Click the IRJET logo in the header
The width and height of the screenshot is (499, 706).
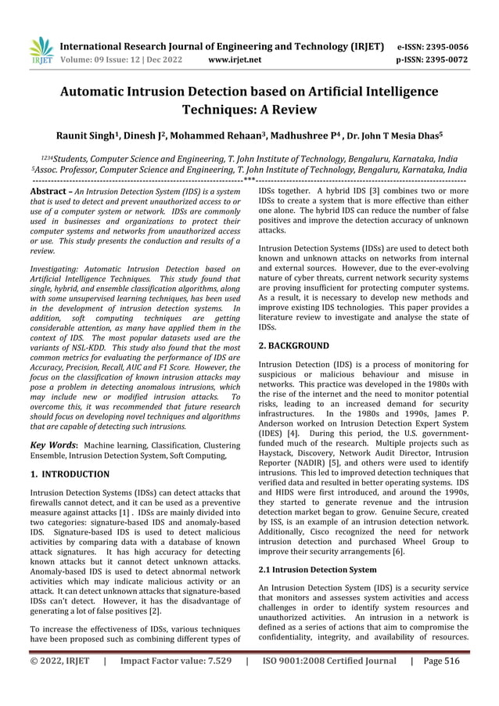click(x=39, y=49)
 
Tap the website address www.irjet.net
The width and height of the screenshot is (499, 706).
click(x=235, y=59)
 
